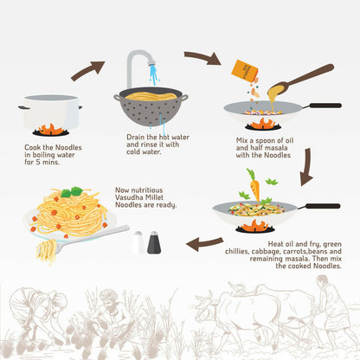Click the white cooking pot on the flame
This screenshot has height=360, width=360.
coord(50,112)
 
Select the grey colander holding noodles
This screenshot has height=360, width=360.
coord(151,106)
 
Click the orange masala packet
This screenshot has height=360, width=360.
coord(245,71)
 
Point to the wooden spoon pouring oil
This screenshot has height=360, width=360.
coord(300,79)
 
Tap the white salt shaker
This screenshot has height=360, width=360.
coord(138,242)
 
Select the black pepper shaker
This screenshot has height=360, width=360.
coord(154,242)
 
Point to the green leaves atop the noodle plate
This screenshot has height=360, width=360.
coord(72,191)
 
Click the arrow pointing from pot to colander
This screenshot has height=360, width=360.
coord(88,70)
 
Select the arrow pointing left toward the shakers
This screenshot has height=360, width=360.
coord(204,244)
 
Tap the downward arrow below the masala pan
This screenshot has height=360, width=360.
coord(306,167)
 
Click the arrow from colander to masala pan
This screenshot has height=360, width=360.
coord(202,58)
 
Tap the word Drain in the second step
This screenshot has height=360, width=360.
coord(136,137)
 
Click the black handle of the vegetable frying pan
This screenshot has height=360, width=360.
coord(323,206)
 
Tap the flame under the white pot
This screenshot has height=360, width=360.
coord(51,130)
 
